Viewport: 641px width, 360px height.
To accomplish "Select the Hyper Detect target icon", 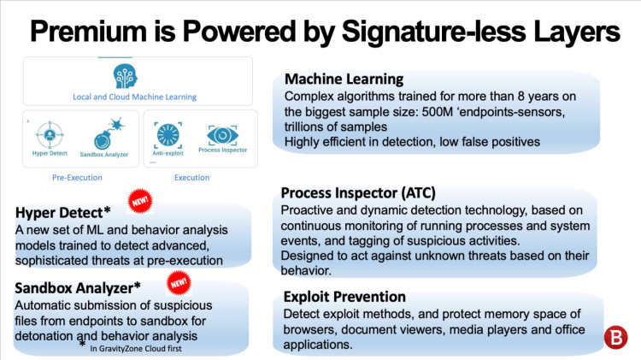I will coord(48,135).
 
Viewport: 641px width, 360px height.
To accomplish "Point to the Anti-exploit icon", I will coord(168,134).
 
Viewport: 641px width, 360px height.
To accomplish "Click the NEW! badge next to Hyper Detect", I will coord(139,202).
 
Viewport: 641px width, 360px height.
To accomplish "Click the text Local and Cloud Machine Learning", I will coord(134,97).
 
